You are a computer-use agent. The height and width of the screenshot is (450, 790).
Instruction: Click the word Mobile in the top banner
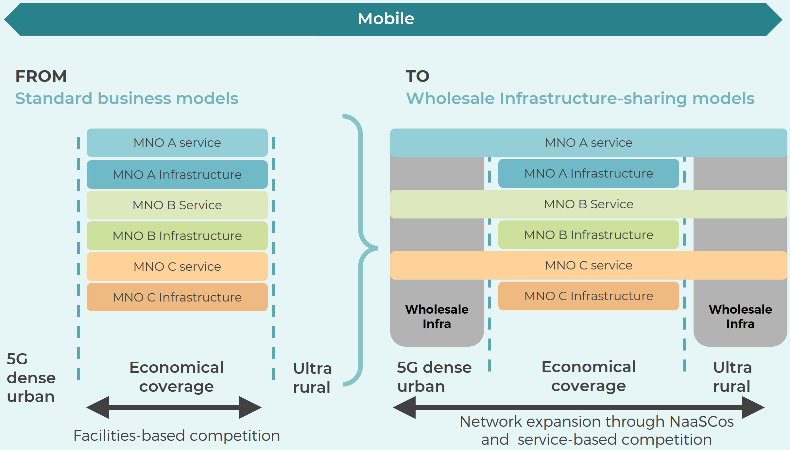[386, 19]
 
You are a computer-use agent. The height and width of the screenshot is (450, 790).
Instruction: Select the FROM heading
[41, 76]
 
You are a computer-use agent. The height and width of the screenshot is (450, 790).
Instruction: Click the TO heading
[417, 76]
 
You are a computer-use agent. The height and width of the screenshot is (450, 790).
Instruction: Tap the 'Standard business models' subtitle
[127, 98]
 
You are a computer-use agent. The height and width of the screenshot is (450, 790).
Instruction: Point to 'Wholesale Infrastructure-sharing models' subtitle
[580, 98]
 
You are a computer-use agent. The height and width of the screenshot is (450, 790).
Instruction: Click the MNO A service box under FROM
[177, 143]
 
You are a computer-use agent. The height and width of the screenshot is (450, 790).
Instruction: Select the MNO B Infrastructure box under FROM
[177, 236]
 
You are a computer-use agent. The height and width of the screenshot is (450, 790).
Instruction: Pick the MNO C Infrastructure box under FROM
[177, 297]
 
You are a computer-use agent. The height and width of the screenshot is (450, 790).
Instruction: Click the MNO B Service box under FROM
[177, 205]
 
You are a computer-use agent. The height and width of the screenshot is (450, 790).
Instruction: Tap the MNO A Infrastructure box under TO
[589, 173]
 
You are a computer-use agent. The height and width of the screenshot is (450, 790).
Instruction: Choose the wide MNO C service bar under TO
[589, 265]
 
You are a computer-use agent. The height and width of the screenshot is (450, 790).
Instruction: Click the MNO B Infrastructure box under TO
[589, 235]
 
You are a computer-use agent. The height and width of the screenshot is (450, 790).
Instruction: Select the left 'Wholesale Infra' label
[437, 316]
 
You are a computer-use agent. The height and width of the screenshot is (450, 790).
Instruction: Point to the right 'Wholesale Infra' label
[740, 316]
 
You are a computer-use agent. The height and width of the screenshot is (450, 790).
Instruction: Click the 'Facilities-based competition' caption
[177, 436]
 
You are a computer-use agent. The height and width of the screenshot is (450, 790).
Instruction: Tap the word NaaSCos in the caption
[701, 422]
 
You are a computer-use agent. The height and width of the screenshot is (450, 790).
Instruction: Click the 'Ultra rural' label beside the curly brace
[312, 378]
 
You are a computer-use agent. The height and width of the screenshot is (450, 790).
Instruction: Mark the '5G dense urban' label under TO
[434, 377]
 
